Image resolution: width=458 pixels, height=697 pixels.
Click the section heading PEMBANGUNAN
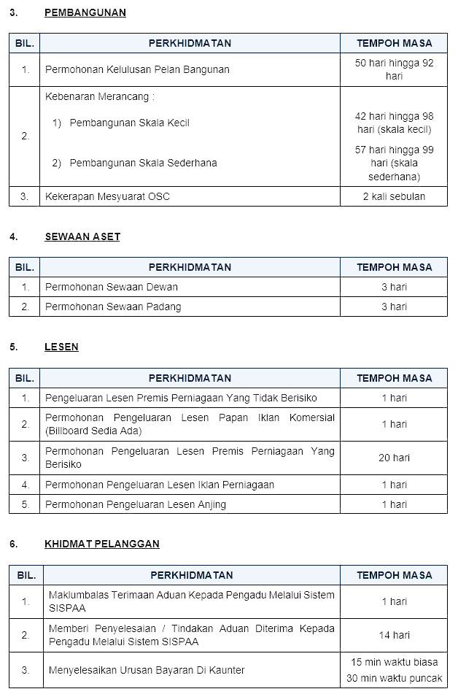tap(85, 12)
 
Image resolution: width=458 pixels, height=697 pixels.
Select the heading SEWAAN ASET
tap(82, 236)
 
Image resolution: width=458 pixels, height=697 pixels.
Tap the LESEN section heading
tap(61, 347)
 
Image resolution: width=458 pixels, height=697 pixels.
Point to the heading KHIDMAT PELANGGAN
tap(101, 544)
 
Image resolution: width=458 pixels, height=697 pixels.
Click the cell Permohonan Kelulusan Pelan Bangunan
tap(137, 69)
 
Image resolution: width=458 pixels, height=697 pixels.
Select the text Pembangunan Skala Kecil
tap(129, 123)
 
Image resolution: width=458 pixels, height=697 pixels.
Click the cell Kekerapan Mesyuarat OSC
tap(107, 196)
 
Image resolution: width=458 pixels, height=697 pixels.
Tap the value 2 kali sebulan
tap(394, 196)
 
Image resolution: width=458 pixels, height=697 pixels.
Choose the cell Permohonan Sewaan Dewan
tap(111, 287)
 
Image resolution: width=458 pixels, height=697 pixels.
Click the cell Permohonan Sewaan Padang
tap(113, 307)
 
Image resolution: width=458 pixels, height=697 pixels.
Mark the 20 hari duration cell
tap(394, 458)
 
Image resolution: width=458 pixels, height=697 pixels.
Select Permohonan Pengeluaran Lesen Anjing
tap(135, 504)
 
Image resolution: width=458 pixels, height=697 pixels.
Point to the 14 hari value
tap(394, 635)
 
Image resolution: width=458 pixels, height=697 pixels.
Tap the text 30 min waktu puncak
tap(394, 679)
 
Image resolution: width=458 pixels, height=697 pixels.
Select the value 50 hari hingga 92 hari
tap(394, 69)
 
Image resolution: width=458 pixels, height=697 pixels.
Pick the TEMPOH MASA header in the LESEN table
tap(394, 378)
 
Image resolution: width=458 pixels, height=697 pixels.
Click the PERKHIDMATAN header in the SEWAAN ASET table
tap(190, 267)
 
